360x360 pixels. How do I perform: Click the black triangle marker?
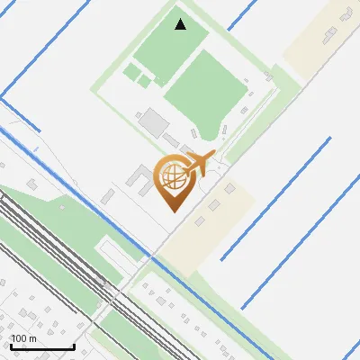pyautogui.click(x=181, y=23)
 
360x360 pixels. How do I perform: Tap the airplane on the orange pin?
pyautogui.click(x=199, y=165)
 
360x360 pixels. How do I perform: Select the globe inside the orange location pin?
pyautogui.click(x=172, y=176)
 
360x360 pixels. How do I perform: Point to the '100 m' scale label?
pyautogui.click(x=23, y=338)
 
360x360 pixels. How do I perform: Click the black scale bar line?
pyautogui.click(x=42, y=346)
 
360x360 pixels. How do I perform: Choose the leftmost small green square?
pyautogui.click(x=131, y=71)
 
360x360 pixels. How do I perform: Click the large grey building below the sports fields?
pyautogui.click(x=156, y=121)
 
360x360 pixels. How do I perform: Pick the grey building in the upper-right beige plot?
pyautogui.click(x=330, y=34)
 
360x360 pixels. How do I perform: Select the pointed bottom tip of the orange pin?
pyautogui.click(x=174, y=211)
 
